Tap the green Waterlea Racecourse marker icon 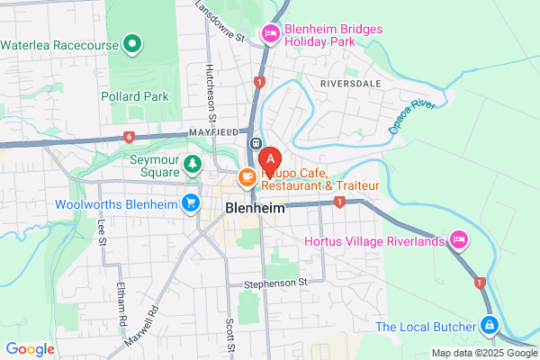133,42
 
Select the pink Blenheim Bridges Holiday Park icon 270,35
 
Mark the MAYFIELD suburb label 213,131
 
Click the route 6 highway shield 129,137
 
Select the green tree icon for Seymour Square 192,164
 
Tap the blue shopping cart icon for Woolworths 190,203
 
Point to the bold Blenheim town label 254,208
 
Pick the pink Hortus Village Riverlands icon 459,239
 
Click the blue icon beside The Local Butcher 488,324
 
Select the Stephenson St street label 276,282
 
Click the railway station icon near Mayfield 256,143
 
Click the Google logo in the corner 31,349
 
